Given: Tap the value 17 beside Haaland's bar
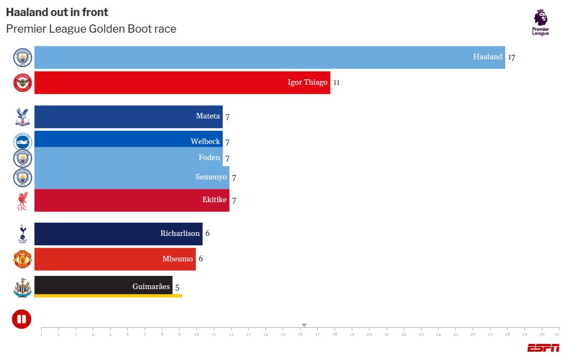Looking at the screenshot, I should (511, 57).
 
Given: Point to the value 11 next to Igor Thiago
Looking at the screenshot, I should (336, 83).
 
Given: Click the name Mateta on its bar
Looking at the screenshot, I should (208, 116).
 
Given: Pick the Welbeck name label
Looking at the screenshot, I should (205, 141).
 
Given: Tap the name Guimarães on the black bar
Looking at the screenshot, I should (151, 286).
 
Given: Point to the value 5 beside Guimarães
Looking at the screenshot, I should (177, 287).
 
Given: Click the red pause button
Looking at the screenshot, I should (22, 319).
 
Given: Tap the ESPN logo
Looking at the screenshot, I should (543, 348).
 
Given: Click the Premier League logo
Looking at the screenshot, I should (541, 23).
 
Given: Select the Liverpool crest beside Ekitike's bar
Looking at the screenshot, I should (23, 200).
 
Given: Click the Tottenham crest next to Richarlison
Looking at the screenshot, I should (23, 234).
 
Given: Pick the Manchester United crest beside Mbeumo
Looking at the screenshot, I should (23, 259).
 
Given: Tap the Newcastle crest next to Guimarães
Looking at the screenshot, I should (23, 287).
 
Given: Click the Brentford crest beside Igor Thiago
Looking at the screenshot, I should (23, 83).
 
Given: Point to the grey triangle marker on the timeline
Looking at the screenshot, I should (304, 325).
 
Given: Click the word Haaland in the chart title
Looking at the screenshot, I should (24, 12).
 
